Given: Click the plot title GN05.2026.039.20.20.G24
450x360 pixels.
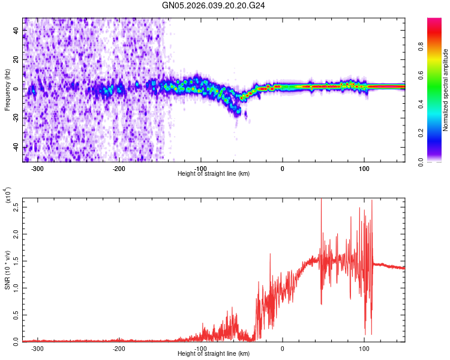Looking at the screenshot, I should click(214, 5).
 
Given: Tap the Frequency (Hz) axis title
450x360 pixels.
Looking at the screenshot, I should click(7, 90).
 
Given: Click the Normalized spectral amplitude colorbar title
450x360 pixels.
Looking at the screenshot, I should click(445, 90).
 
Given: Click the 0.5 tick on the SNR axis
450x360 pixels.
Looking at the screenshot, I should click(16, 314).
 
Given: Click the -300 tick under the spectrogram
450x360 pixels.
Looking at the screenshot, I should click(37, 169).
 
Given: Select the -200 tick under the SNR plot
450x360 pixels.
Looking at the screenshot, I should click(119, 348).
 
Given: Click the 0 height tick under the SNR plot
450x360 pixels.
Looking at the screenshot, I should click(283, 348).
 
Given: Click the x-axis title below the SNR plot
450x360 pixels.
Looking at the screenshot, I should click(214, 353).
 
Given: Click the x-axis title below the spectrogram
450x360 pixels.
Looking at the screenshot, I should click(214, 174).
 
